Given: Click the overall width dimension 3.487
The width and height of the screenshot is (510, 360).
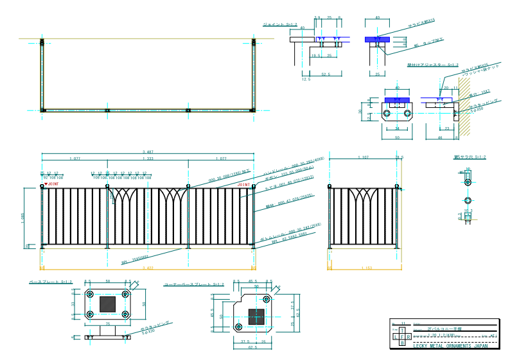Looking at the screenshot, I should [148, 151].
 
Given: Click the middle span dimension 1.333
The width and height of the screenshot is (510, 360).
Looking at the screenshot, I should [148, 158].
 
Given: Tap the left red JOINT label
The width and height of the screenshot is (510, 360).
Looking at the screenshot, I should [54, 185].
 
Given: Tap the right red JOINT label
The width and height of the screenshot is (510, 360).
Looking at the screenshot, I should [243, 185].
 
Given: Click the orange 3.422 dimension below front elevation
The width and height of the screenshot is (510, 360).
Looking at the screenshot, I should [148, 267].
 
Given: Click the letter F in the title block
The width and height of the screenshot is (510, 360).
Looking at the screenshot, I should [402, 336].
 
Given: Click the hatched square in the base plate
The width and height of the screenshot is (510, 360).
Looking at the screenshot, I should [107, 304].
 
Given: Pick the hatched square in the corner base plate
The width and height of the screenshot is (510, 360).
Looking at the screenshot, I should [257, 317].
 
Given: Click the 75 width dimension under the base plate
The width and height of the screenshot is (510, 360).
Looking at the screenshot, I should [107, 325].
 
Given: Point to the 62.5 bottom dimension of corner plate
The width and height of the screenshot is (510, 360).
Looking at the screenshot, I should [252, 347].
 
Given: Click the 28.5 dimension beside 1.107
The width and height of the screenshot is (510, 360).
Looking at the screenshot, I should [399, 158].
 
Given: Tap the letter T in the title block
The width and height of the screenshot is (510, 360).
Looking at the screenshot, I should [402, 329].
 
